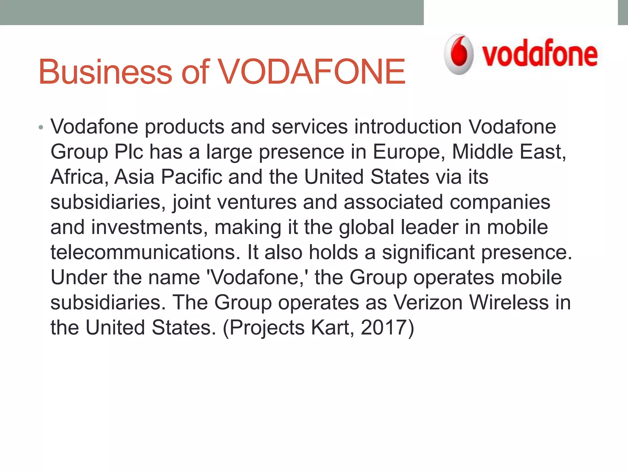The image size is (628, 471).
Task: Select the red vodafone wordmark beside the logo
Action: tap(540, 54)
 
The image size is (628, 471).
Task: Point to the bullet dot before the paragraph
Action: tap(41, 128)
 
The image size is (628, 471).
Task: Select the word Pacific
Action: tap(191, 177)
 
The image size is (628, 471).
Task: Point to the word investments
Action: tap(147, 227)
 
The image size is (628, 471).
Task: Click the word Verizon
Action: tap(428, 303)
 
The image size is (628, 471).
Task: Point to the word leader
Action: tap(429, 227)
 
